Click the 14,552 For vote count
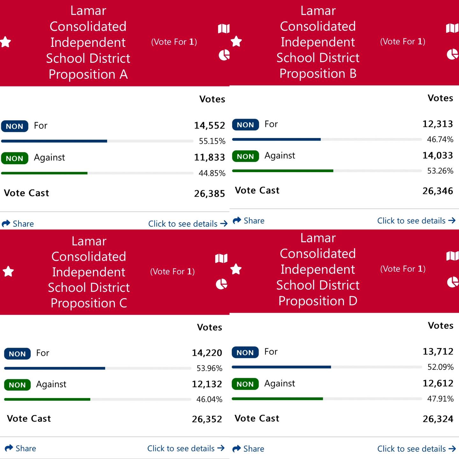pyautogui.click(x=209, y=126)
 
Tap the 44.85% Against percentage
pyautogui.click(x=212, y=173)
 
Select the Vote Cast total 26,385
pyautogui.click(x=209, y=193)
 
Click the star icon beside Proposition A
pyautogui.click(x=5, y=42)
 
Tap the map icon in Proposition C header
pyautogui.click(x=221, y=258)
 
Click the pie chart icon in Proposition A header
pyautogui.click(x=224, y=55)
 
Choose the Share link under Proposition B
pyautogui.click(x=248, y=221)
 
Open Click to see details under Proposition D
pyautogui.click(x=417, y=449)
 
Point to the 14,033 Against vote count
pyautogui.click(x=438, y=156)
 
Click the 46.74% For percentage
pyautogui.click(x=440, y=139)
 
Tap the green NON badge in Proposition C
pyautogui.click(x=18, y=385)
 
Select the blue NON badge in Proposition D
pyautogui.click(x=245, y=352)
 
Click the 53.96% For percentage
pyautogui.click(x=209, y=368)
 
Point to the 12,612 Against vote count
pyautogui.click(x=438, y=383)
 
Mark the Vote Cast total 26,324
pyautogui.click(x=438, y=419)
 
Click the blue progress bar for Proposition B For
pyautogui.click(x=276, y=139)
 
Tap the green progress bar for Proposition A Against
pyautogui.click(x=44, y=173)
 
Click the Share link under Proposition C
pyautogui.click(x=20, y=448)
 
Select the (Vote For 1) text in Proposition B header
pyautogui.click(x=403, y=41)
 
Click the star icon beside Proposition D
pyautogui.click(x=236, y=269)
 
